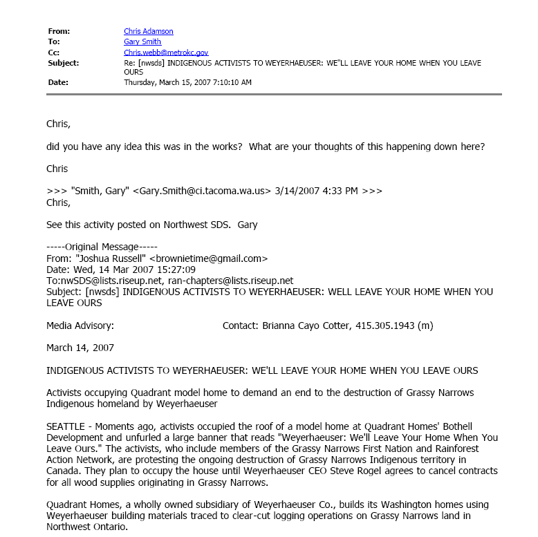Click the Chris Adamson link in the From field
click(x=148, y=31)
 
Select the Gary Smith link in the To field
click(x=142, y=41)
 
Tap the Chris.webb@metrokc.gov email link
click(x=166, y=52)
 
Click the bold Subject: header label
click(x=63, y=63)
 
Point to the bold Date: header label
click(x=59, y=82)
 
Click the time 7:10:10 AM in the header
click(x=229, y=82)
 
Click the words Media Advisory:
click(x=80, y=326)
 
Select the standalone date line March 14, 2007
click(x=80, y=348)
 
